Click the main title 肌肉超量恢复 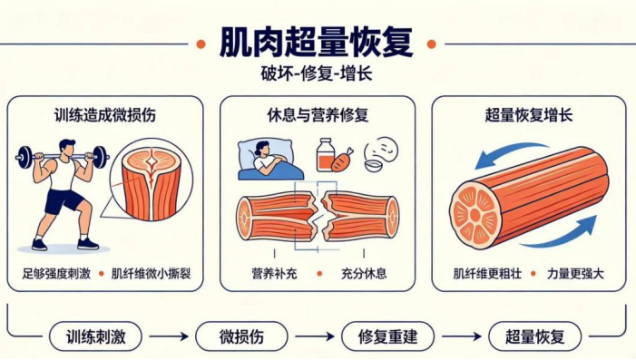(317, 43)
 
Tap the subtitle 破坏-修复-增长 (317, 74)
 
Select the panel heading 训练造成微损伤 (105, 115)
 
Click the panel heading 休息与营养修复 (318, 115)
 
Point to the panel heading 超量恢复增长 (529, 115)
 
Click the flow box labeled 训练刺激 (96, 336)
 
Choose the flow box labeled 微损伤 (241, 336)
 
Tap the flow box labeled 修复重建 (387, 336)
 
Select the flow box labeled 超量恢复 (534, 336)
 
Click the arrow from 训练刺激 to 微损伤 (169, 336)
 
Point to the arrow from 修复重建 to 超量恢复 (462, 336)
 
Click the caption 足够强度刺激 (56, 274)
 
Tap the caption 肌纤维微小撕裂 (151, 274)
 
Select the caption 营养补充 (274, 274)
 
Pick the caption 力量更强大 (575, 274)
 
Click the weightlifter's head (67, 148)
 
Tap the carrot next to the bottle (342, 161)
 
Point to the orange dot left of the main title (201, 44)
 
